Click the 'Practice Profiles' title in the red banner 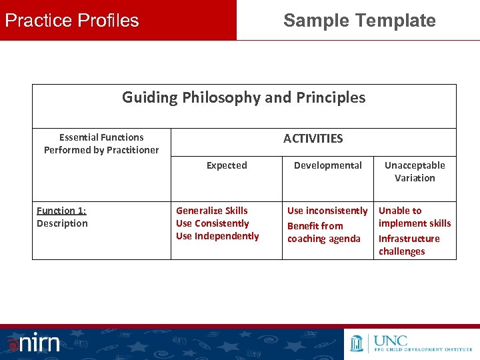click(72, 21)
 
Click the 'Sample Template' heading click(359, 21)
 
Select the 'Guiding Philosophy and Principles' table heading click(243, 98)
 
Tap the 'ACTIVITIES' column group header click(313, 139)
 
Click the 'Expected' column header click(227, 165)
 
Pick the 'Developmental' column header click(328, 165)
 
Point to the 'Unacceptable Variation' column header click(415, 171)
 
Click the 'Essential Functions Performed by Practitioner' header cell click(101, 143)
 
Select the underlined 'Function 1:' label click(61, 211)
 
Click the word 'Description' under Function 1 click(62, 223)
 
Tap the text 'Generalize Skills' click(211, 211)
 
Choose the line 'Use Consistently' click(212, 223)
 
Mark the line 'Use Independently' click(217, 236)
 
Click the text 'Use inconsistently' click(327, 211)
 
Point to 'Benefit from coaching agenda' click(323, 233)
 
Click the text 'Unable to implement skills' click(414, 217)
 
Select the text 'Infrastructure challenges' click(409, 245)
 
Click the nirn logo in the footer click(33, 343)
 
